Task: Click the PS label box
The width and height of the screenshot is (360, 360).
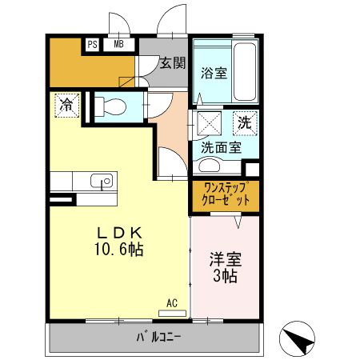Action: pyautogui.click(x=92, y=45)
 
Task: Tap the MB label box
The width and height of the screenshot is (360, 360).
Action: pyautogui.click(x=118, y=45)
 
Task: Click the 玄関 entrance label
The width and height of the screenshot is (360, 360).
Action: pyautogui.click(x=170, y=62)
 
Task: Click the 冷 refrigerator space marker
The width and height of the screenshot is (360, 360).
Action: pyautogui.click(x=68, y=104)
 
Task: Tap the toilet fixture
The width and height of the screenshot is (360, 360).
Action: pyautogui.click(x=113, y=106)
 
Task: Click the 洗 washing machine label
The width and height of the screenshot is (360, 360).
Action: pyautogui.click(x=244, y=124)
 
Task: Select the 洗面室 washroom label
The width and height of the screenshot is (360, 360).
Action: pyautogui.click(x=221, y=146)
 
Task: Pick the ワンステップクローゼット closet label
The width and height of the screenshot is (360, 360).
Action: pyautogui.click(x=226, y=196)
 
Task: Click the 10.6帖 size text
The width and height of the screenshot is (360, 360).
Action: pyautogui.click(x=119, y=250)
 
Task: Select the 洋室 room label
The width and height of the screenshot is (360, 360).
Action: pyautogui.click(x=226, y=260)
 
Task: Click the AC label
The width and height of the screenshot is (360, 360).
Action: pyautogui.click(x=172, y=302)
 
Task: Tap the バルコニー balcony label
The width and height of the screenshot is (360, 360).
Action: pyautogui.click(x=158, y=336)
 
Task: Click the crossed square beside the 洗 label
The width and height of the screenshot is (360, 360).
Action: pyautogui.click(x=210, y=124)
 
